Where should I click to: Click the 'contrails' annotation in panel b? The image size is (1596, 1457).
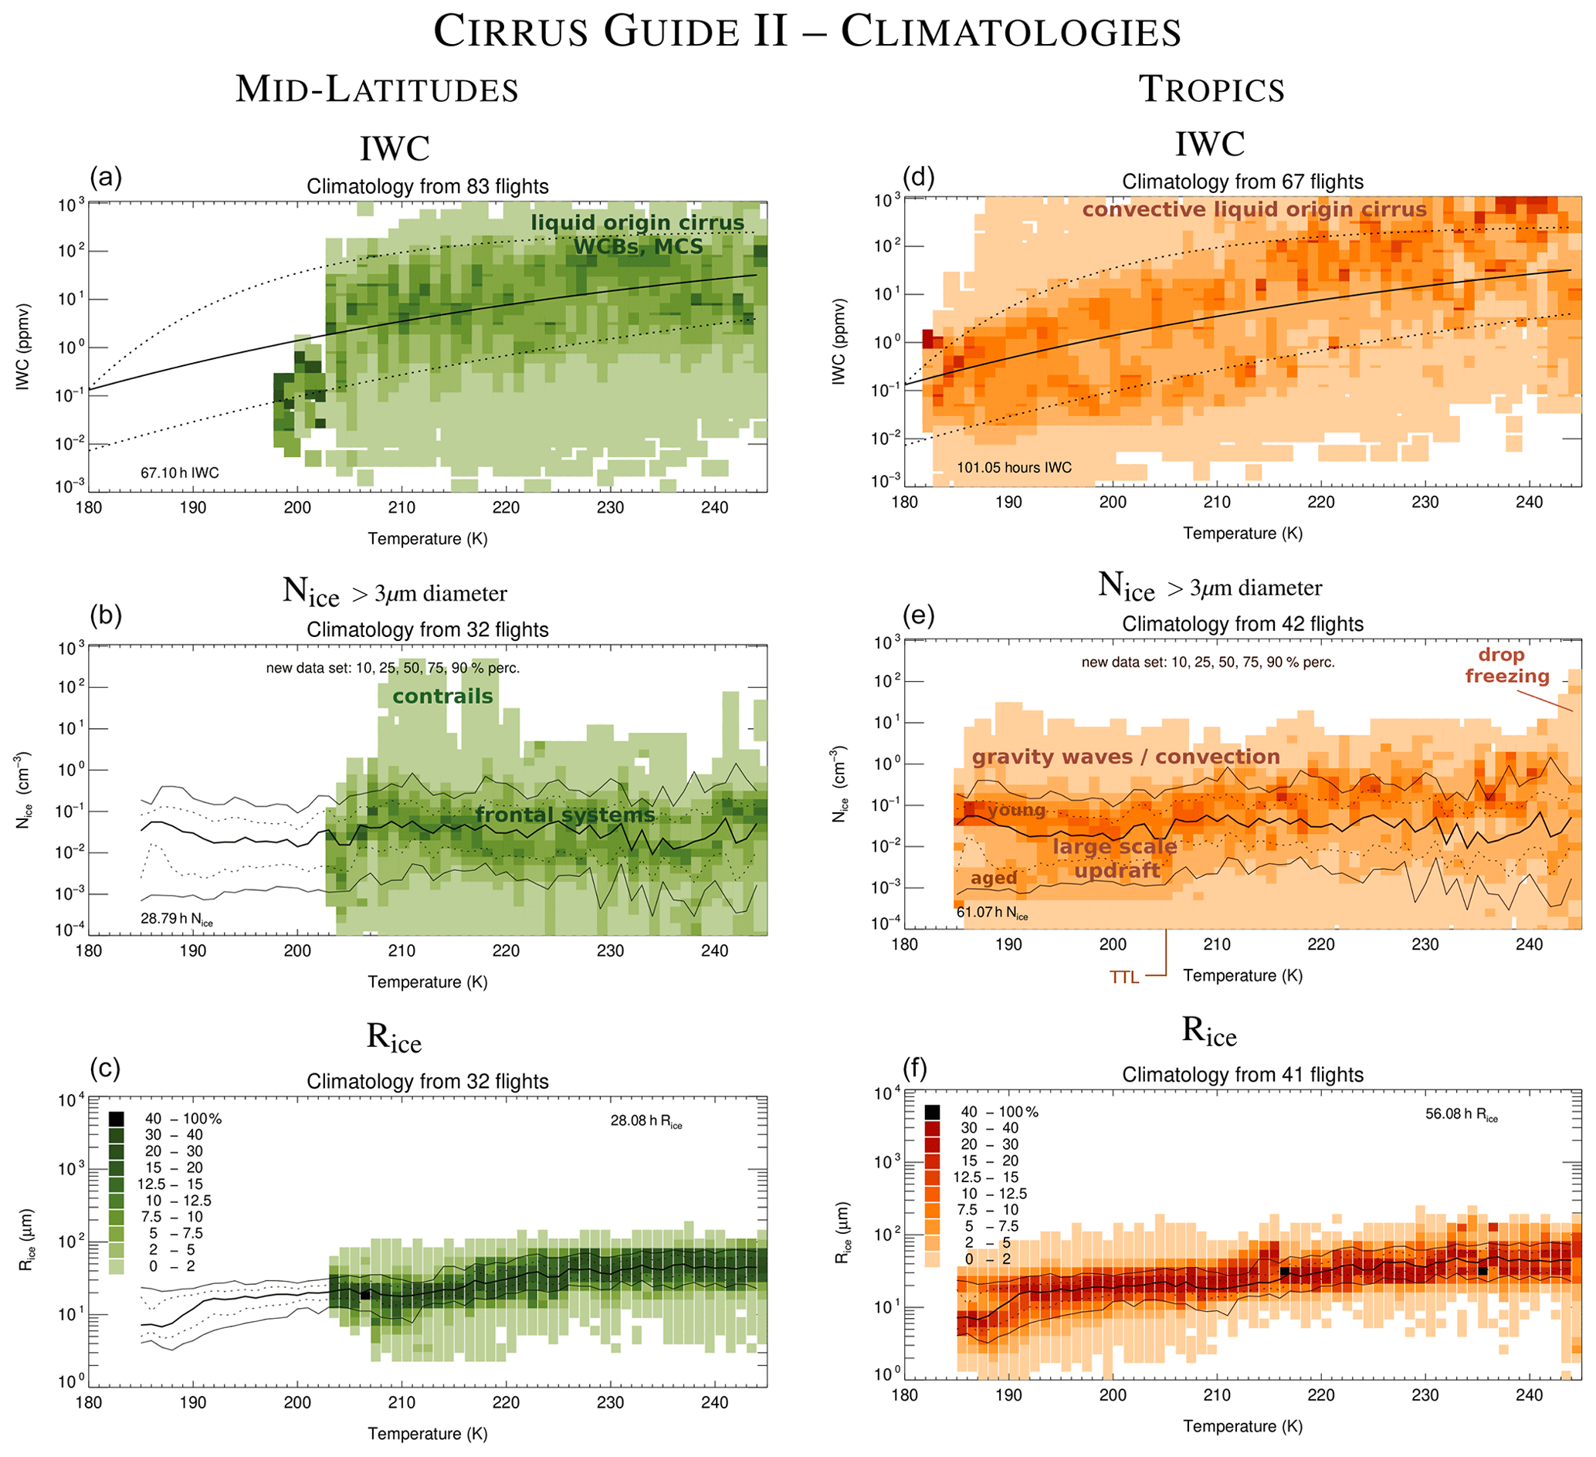(442, 696)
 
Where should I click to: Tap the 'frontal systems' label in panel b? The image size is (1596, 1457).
(565, 815)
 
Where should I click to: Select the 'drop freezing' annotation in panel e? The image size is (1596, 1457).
(1506, 665)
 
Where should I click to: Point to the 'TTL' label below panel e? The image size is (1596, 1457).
(1124, 978)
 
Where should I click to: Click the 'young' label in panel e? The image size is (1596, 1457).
(1016, 810)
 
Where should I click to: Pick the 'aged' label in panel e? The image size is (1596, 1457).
(994, 877)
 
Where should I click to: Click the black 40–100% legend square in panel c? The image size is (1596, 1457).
(117, 1119)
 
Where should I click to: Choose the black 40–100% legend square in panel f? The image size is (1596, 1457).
(932, 1112)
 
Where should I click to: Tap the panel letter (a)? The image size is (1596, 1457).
(106, 177)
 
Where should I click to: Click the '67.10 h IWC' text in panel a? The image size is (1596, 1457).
(180, 473)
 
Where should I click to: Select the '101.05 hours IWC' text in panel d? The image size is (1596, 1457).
(1014, 467)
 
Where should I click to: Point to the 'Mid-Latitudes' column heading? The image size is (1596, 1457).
(377, 90)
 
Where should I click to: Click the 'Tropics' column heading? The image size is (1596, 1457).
(1211, 89)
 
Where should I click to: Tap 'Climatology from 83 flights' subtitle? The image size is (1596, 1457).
(428, 187)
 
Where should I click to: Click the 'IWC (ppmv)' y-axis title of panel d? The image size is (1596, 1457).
(839, 341)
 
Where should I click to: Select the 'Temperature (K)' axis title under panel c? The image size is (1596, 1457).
(428, 1433)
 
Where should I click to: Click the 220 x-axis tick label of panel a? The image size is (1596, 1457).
(506, 507)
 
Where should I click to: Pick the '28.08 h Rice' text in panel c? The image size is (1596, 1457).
(646, 1121)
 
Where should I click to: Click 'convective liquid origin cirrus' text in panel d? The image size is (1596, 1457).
(1254, 210)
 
